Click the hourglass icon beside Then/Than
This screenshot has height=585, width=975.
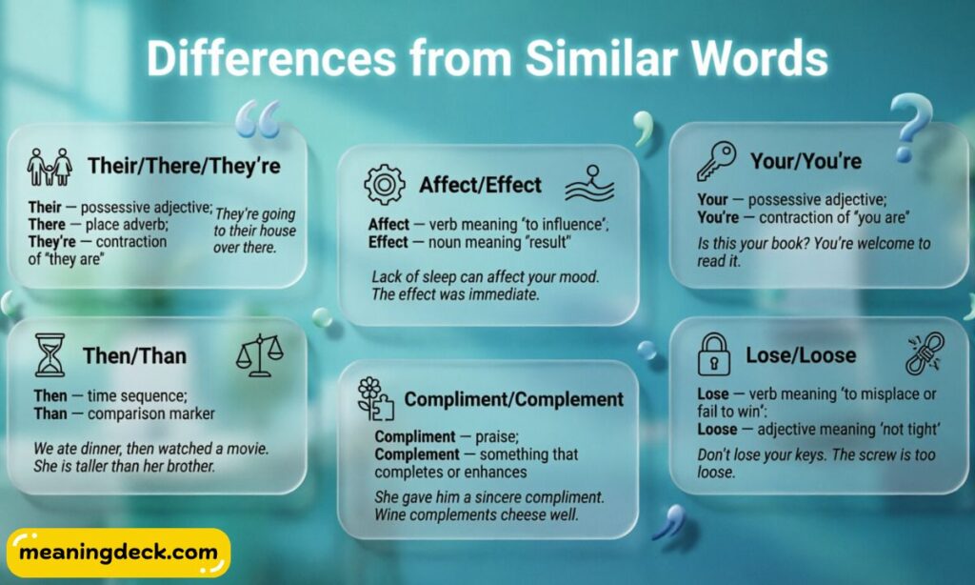pyautogui.click(x=50, y=354)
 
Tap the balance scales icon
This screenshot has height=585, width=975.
pyautogui.click(x=259, y=354)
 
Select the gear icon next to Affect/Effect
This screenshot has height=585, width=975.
pyautogui.click(x=385, y=184)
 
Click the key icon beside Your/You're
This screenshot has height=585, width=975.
pyautogui.click(x=716, y=161)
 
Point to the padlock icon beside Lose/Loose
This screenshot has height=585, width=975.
pyautogui.click(x=713, y=354)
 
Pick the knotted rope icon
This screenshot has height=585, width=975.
pyautogui.click(x=923, y=353)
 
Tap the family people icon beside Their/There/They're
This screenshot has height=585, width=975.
pyautogui.click(x=50, y=166)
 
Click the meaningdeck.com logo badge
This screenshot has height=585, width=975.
pyautogui.click(x=119, y=554)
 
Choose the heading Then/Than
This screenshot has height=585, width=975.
pyautogui.click(x=134, y=356)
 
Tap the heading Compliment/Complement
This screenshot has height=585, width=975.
pyautogui.click(x=514, y=399)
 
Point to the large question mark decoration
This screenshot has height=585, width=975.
pyautogui.click(x=911, y=124)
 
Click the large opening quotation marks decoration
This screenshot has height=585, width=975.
pyautogui.click(x=257, y=119)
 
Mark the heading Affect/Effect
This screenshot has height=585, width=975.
pyautogui.click(x=480, y=185)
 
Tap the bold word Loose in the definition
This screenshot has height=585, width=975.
pyautogui.click(x=718, y=429)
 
